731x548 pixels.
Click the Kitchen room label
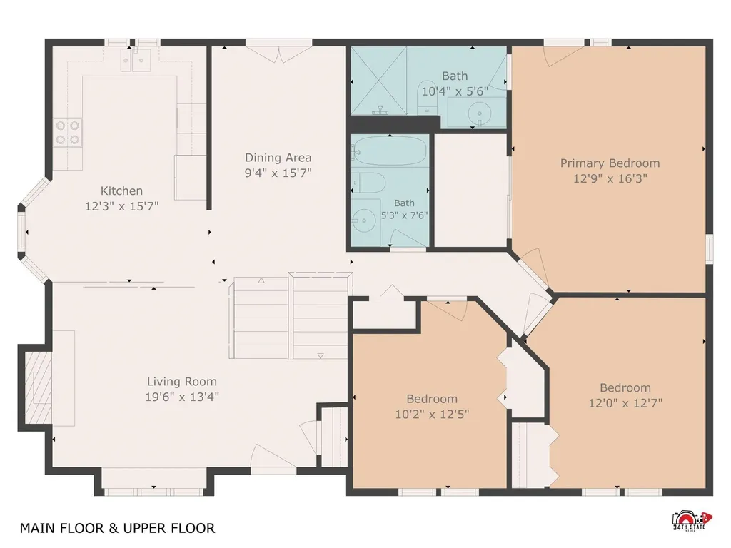coord(121,191)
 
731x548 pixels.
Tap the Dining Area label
coord(278,158)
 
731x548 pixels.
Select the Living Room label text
coord(182,382)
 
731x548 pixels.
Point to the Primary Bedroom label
coord(610,163)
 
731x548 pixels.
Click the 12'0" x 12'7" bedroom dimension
coord(625,402)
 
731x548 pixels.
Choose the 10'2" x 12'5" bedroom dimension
coord(432,414)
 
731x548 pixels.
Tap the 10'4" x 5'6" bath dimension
coord(455,91)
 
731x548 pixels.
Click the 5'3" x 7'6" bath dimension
coord(404,215)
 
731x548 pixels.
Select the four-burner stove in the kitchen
coord(68,133)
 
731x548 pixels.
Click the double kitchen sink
coord(136,60)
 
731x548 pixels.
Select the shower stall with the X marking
coord(379,81)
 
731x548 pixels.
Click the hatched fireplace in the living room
coord(38,387)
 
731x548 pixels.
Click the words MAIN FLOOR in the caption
coord(62,528)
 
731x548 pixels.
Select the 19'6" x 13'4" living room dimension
coord(182,397)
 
